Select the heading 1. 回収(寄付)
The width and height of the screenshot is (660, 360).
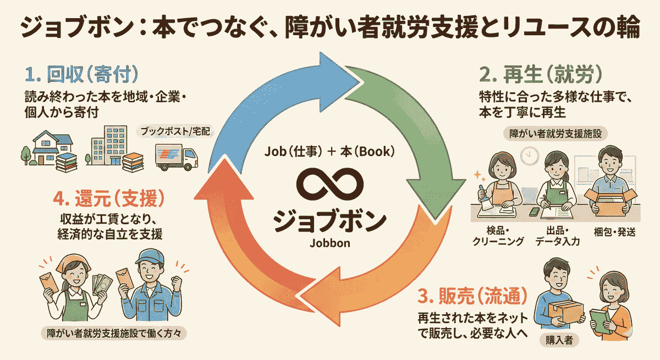[x=82, y=74]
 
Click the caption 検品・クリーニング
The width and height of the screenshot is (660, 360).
[x=498, y=236]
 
